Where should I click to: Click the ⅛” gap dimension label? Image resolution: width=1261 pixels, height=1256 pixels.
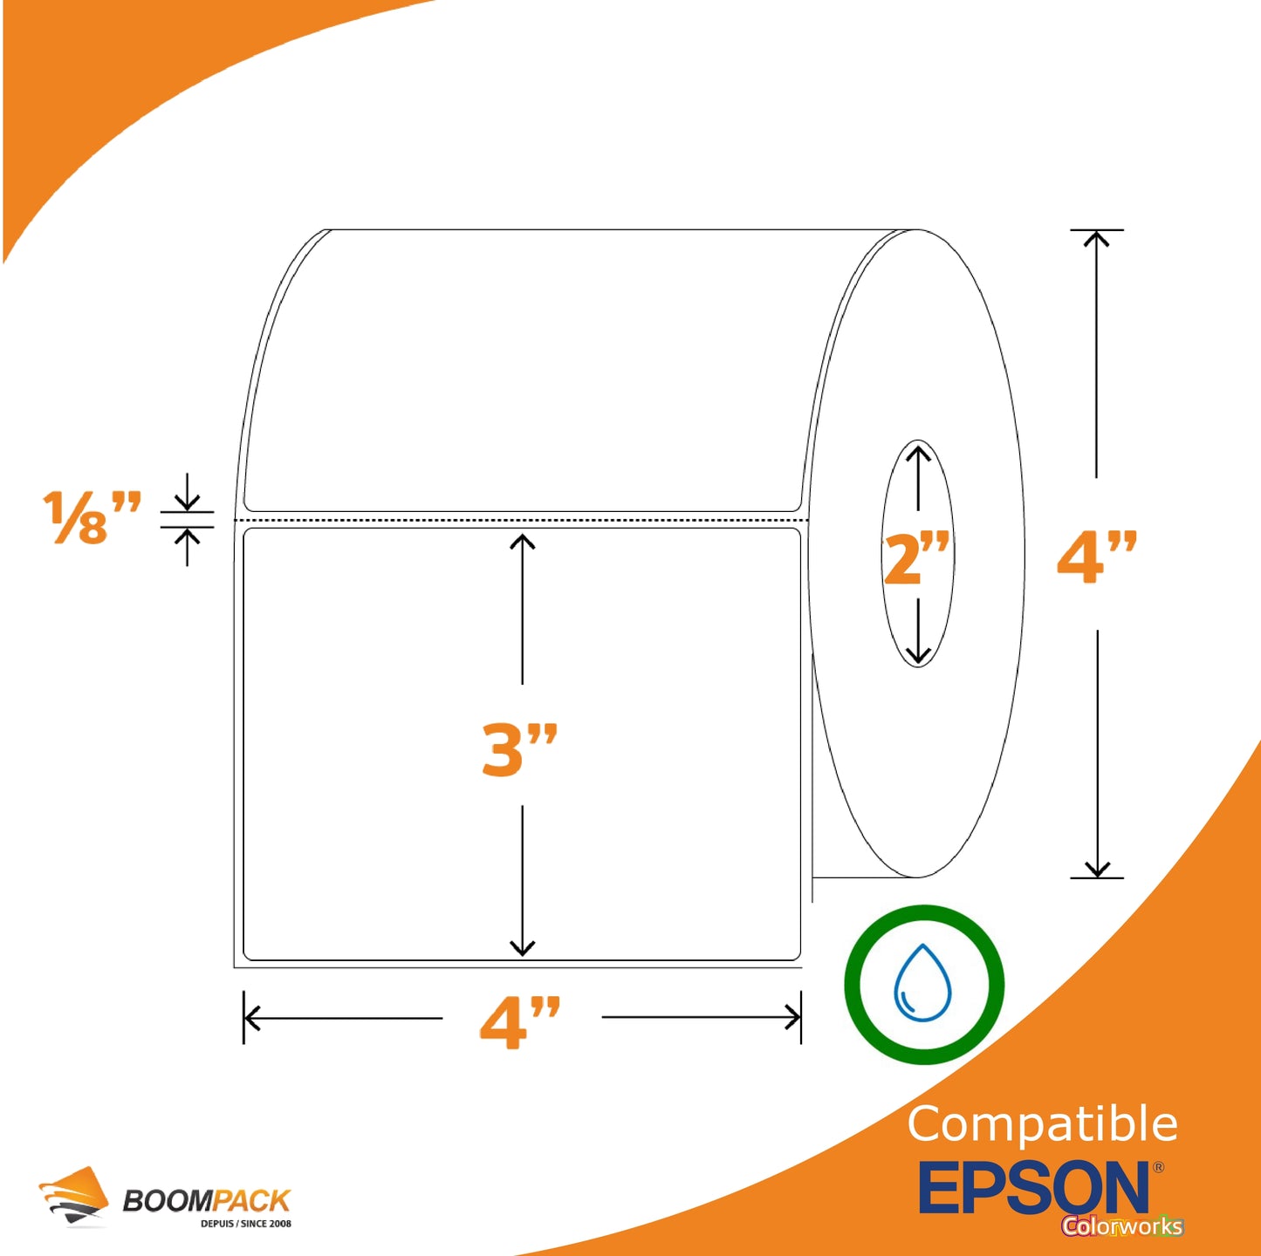(x=92, y=517)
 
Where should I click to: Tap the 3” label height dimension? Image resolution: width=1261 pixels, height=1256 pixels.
(x=519, y=750)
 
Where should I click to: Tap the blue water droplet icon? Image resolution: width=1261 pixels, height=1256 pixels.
(x=922, y=982)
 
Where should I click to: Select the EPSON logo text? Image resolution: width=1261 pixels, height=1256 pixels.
(x=1033, y=1187)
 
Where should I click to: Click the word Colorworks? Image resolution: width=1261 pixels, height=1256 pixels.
(x=1122, y=1225)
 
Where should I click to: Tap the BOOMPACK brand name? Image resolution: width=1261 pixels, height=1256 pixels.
(x=206, y=1200)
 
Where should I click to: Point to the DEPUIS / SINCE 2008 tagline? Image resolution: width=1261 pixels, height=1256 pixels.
(x=245, y=1223)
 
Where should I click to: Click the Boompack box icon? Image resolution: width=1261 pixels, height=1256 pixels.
(x=73, y=1196)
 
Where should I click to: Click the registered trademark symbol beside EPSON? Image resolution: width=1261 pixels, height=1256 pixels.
(x=1158, y=1167)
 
